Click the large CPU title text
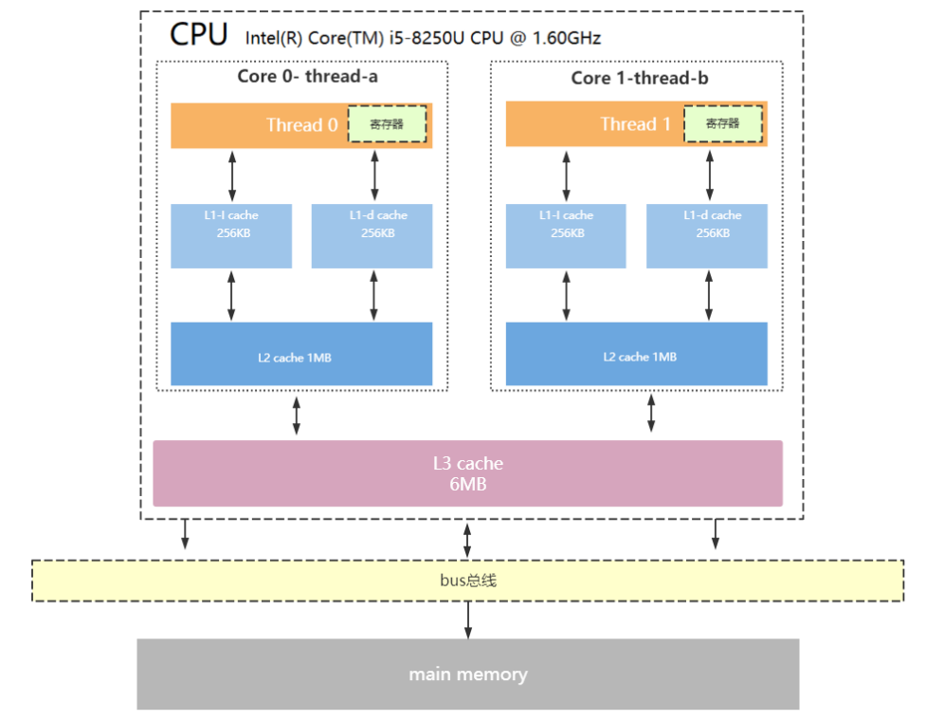point(199,34)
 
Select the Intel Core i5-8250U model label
point(423,38)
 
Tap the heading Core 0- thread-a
point(307,76)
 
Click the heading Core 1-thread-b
point(640,78)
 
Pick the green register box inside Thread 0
point(387,124)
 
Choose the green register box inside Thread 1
point(722,123)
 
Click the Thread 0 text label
point(302,125)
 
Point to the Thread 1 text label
point(635,124)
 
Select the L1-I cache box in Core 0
point(231,235)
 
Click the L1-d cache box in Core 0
point(372,235)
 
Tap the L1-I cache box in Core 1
point(566,235)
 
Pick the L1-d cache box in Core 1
point(707,235)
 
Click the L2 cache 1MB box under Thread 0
point(301,354)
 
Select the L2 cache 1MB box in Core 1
point(636,354)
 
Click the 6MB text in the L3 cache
point(468,484)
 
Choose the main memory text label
point(468,674)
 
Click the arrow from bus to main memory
point(468,619)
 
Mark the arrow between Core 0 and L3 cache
point(297,416)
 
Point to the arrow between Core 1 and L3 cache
point(651,413)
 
